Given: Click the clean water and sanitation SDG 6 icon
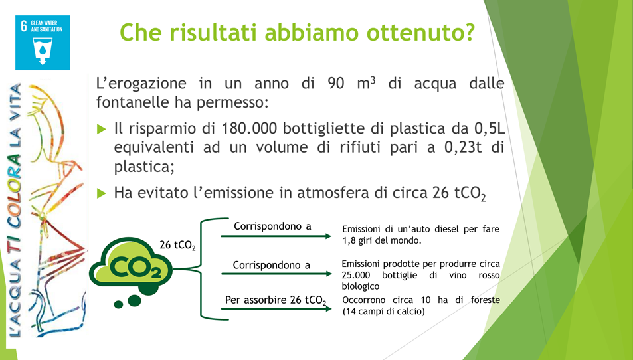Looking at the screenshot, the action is (x=43, y=43).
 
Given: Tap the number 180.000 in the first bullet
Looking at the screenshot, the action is (x=250, y=128).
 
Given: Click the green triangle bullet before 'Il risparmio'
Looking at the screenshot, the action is (x=102, y=129).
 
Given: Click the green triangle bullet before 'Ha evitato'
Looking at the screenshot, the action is (x=102, y=193).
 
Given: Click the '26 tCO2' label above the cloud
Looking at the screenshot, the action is (x=177, y=245).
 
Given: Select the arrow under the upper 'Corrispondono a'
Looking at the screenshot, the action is (x=276, y=236).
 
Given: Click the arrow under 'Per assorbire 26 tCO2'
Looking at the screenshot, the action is (x=276, y=309).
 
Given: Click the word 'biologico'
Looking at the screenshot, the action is (x=361, y=287).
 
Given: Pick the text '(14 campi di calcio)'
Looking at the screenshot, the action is (x=383, y=312).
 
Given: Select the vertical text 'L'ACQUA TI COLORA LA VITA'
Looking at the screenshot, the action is (x=15, y=210).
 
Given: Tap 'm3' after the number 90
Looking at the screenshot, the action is (x=367, y=83).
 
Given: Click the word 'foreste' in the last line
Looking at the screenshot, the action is (x=486, y=300).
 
